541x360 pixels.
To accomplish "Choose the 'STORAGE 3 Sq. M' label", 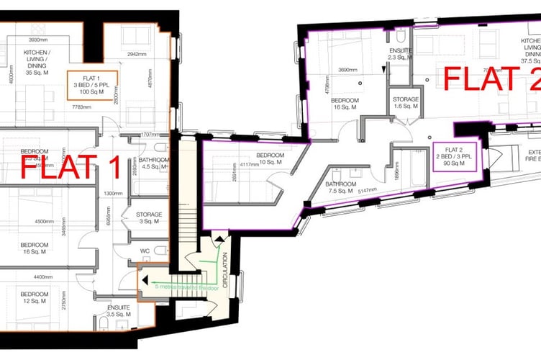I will pyautogui.click(x=149, y=218).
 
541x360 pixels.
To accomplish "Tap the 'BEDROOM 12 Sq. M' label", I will pyautogui.click(x=35, y=298).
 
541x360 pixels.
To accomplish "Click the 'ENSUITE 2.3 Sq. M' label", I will pyautogui.click(x=400, y=55).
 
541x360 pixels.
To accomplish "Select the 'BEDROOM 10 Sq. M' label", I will pyautogui.click(x=270, y=158).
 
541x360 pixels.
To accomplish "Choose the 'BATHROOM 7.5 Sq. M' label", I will pyautogui.click(x=341, y=187).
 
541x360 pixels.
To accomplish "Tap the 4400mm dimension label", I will pyautogui.click(x=35, y=276).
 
